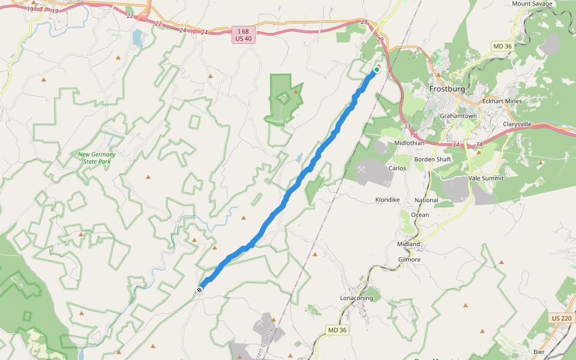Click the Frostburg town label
click(x=447, y=89)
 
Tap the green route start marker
click(x=377, y=70)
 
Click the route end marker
click(x=199, y=290)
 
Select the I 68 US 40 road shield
click(x=241, y=34)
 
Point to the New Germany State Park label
click(x=97, y=158)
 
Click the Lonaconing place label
click(x=356, y=298)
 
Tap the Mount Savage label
click(x=532, y=4)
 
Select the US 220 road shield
click(x=562, y=317)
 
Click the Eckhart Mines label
click(x=502, y=101)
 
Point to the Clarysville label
click(x=517, y=124)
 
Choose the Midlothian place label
click(x=409, y=143)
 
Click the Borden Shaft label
click(x=433, y=160)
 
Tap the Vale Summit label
click(x=486, y=178)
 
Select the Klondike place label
click(x=387, y=199)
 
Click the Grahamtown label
click(x=458, y=116)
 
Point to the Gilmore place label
click(x=409, y=260)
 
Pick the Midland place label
click(x=409, y=244)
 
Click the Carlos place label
click(x=397, y=168)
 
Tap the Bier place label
click(x=539, y=352)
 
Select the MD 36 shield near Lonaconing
click(x=338, y=330)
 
